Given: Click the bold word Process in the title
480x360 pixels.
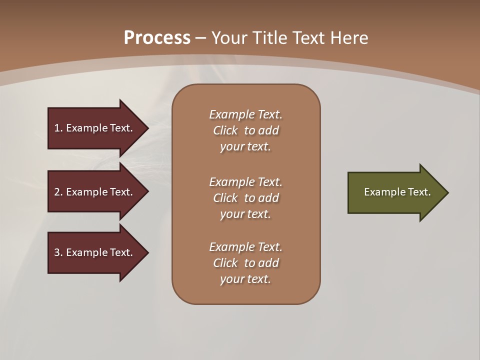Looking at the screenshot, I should (157, 38).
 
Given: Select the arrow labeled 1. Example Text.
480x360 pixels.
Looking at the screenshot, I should (95, 128).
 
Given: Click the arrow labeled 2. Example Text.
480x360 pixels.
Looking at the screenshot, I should (95, 192).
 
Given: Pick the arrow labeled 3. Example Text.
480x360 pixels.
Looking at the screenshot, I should (95, 252).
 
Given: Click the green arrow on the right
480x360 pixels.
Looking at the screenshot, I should (395, 192).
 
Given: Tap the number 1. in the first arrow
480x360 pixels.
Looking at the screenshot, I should (58, 128).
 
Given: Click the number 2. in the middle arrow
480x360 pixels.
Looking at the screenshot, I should (58, 192).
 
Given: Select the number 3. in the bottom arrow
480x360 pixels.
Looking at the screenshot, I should (58, 252).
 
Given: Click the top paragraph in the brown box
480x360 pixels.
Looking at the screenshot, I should (246, 130).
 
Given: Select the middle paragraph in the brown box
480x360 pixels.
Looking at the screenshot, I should (246, 198).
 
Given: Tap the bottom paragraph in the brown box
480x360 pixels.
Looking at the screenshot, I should (246, 263).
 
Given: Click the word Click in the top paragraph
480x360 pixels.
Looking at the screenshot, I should (225, 130).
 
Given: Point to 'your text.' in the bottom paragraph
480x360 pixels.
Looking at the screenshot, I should (245, 279).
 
